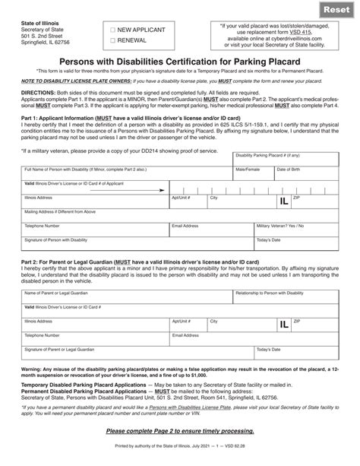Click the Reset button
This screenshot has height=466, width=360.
[337, 10]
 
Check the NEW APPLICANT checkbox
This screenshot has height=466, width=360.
[113, 30]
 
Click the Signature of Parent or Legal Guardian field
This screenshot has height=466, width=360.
[137, 353]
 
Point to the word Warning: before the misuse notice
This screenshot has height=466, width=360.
[35, 369]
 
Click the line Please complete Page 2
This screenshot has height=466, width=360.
[179, 431]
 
